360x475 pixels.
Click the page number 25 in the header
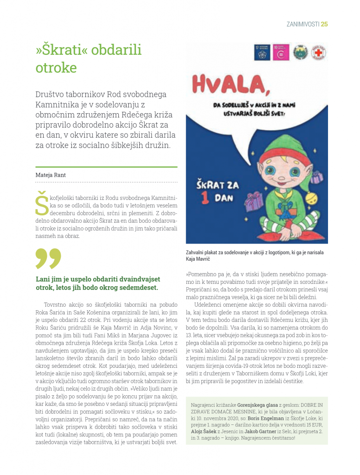coord(324,24)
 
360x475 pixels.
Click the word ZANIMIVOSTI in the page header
coord(302,24)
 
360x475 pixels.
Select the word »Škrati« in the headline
coord(64,50)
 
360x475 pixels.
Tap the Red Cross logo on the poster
coord(318,53)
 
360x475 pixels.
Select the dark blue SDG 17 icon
coord(262,53)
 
